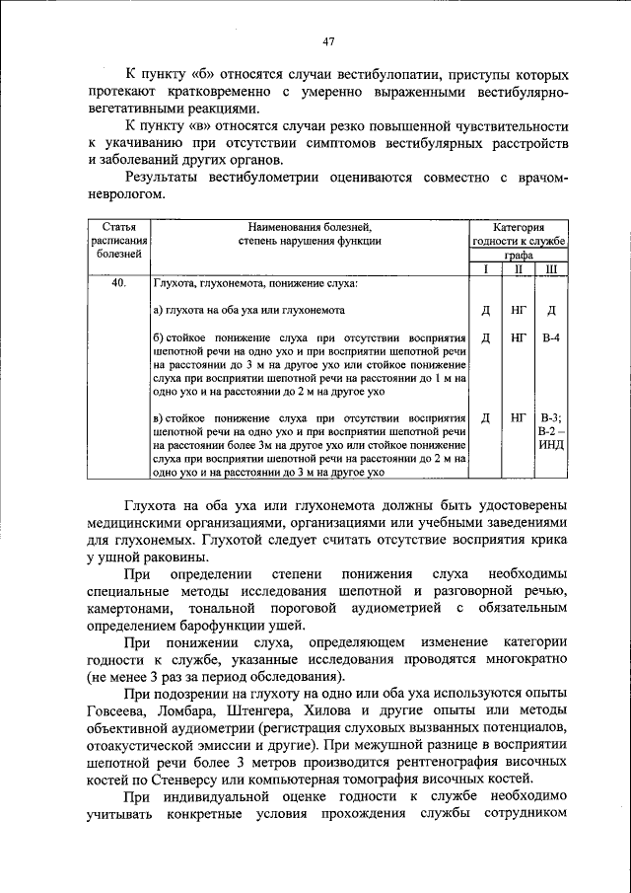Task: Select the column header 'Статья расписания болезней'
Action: point(119,240)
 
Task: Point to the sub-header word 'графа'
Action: point(518,255)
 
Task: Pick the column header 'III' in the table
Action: point(550,268)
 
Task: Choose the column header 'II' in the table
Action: point(518,268)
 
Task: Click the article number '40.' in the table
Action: point(119,284)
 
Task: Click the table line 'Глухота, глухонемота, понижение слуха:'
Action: point(255,284)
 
